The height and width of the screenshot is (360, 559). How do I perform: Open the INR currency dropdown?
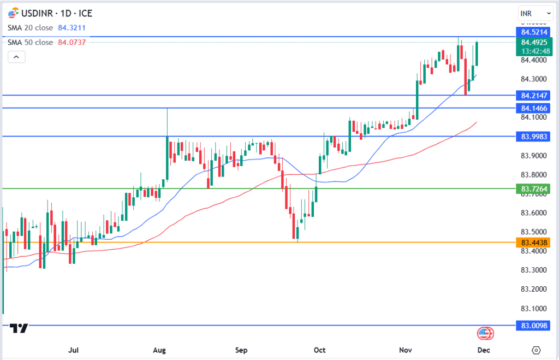(535, 13)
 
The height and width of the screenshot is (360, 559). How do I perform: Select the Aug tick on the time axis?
(159, 350)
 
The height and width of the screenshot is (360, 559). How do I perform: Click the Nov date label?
(405, 350)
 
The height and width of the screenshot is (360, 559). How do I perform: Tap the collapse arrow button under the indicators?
(16, 57)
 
